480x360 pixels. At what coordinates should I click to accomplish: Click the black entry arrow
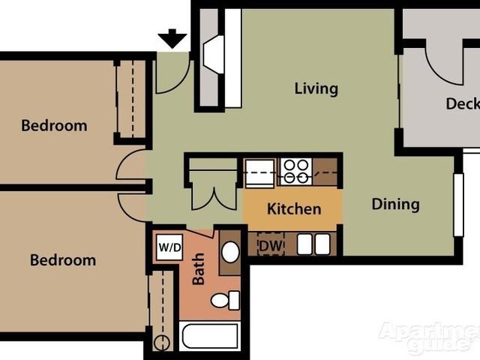(172, 38)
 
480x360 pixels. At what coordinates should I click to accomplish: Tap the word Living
(316, 88)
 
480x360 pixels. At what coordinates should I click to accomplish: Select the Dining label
(395, 204)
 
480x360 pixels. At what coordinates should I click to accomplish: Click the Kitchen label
(294, 208)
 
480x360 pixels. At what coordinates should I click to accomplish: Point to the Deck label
(463, 103)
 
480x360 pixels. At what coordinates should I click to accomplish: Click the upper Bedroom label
(54, 125)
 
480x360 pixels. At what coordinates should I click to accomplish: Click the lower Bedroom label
(63, 260)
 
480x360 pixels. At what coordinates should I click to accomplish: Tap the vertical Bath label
(198, 268)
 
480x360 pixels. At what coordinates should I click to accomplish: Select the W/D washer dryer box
(169, 247)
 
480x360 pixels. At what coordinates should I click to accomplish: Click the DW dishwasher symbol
(271, 244)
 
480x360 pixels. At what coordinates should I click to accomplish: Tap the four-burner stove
(296, 172)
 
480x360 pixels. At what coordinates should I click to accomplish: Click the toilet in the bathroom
(225, 300)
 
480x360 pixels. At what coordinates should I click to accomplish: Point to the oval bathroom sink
(230, 252)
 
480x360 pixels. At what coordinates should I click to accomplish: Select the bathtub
(210, 336)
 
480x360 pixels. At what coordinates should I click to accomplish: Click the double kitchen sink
(313, 244)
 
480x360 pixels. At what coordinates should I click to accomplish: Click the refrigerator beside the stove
(260, 172)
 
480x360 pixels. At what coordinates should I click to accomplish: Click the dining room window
(458, 205)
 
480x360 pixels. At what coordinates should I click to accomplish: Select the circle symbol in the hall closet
(162, 343)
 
